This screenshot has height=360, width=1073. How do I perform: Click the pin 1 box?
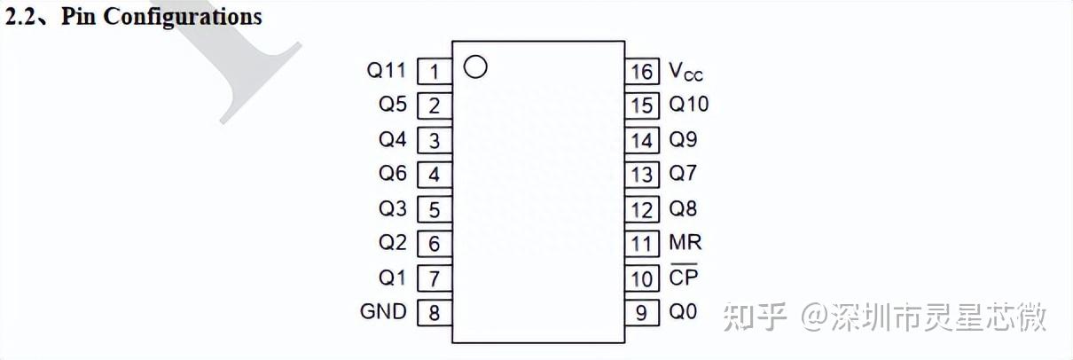tap(434, 71)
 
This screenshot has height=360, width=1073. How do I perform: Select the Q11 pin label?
tap(386, 70)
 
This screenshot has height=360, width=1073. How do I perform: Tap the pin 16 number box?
tap(642, 71)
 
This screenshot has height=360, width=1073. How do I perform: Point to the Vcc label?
tap(685, 71)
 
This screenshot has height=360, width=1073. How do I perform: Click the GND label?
tap(383, 311)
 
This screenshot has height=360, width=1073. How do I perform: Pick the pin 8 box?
tap(434, 312)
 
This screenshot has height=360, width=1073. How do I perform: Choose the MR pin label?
tap(685, 242)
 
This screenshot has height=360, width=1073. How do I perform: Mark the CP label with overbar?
tap(684, 277)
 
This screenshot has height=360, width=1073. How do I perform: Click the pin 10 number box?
tap(642, 278)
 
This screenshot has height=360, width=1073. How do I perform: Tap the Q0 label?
tap(683, 311)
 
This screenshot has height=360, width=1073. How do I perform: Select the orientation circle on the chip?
tap(476, 67)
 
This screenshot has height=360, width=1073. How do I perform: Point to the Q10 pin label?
tap(689, 105)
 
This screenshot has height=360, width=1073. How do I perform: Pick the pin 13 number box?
tap(642, 175)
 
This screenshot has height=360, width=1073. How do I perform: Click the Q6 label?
tap(393, 174)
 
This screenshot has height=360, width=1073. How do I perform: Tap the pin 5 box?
tap(434, 209)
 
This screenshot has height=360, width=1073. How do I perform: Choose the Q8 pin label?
tap(683, 209)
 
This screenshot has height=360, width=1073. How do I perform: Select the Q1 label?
tap(393, 278)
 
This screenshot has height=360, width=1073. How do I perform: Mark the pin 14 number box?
tap(642, 140)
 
